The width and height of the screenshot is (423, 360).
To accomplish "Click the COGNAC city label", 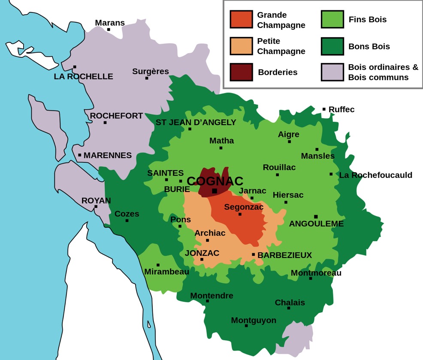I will coord(215,181).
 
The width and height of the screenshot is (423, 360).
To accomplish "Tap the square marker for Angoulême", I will coord(316,216).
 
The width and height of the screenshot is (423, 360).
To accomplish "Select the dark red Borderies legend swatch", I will coord(241,72).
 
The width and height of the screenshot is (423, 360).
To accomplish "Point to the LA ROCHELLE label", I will coord(84,77).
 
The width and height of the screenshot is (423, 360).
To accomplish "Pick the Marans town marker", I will coord(109,30).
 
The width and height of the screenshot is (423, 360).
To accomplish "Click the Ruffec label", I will coord(341,110).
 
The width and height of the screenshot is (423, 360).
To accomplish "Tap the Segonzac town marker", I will coord(240,214).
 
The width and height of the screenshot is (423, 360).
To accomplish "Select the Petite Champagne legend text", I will coord(281,46).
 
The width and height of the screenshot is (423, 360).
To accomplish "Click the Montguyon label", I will coord(254,320).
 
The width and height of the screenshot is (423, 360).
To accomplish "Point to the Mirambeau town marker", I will coord(158,265).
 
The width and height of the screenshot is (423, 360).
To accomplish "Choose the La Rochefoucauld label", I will coord(375,175).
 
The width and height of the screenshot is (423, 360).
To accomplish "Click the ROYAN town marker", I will coord(96,207).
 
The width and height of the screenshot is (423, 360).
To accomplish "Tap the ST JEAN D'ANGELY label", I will coord(196,123).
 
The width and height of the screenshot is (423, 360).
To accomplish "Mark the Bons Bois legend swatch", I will coord(332,46).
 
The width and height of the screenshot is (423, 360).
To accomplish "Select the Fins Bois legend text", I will coord(368,20).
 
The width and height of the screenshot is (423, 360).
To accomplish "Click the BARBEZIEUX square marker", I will coord(254,255).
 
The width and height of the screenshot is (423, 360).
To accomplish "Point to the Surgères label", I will coord(151,72).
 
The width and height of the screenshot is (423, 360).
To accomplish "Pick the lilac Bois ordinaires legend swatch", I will coord(332,72).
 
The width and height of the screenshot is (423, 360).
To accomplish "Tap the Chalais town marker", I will coord(289,308).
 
